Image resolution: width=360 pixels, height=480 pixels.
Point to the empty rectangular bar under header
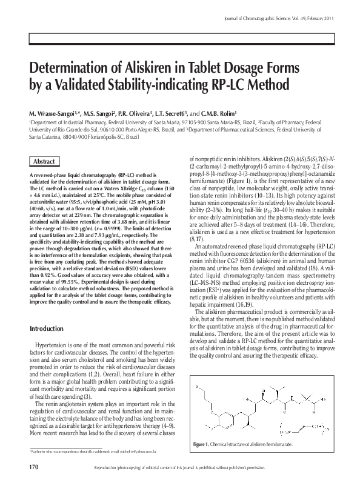[x=179, y=38]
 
